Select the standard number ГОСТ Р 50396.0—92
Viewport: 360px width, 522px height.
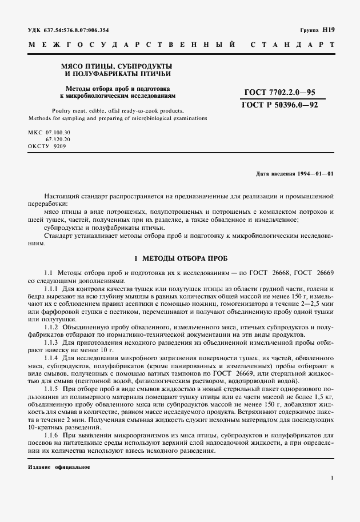(x=279, y=105)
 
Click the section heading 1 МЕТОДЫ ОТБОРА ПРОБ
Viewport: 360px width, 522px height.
(x=180, y=259)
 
